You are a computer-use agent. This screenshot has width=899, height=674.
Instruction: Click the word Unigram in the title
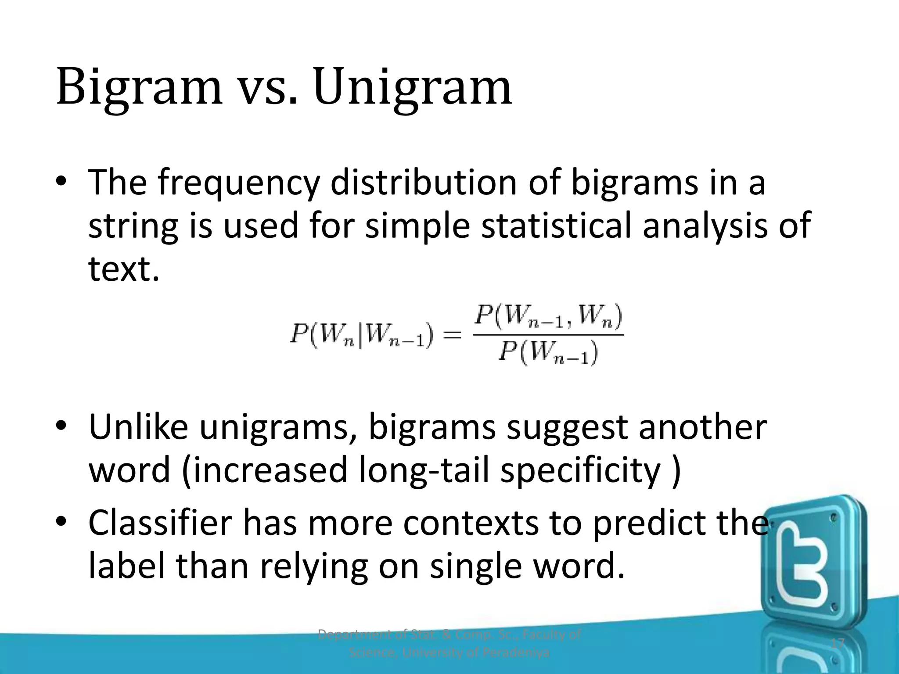[413, 88]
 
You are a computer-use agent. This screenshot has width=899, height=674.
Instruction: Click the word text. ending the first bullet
[124, 269]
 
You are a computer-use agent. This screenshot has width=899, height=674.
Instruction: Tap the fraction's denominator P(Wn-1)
[548, 353]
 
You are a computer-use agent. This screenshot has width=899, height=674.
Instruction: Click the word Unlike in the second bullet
[138, 427]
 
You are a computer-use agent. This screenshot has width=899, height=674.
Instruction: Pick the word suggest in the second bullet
[567, 428]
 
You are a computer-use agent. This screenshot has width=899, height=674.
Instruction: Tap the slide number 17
[838, 644]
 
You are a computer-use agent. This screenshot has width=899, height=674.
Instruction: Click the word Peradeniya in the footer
[515, 653]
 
